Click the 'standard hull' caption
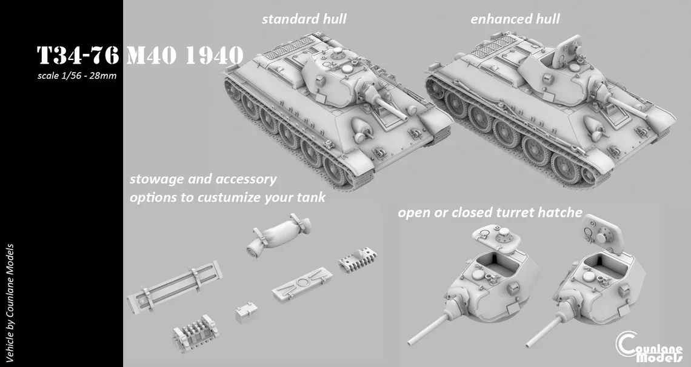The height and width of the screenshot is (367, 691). tap(304, 19)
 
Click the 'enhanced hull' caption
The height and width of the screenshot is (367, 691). tap(515, 19)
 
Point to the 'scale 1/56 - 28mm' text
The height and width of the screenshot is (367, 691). tap(76, 76)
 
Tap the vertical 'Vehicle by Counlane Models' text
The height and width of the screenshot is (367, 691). tap(11, 303)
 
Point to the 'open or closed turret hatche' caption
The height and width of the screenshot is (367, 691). tap(490, 213)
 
